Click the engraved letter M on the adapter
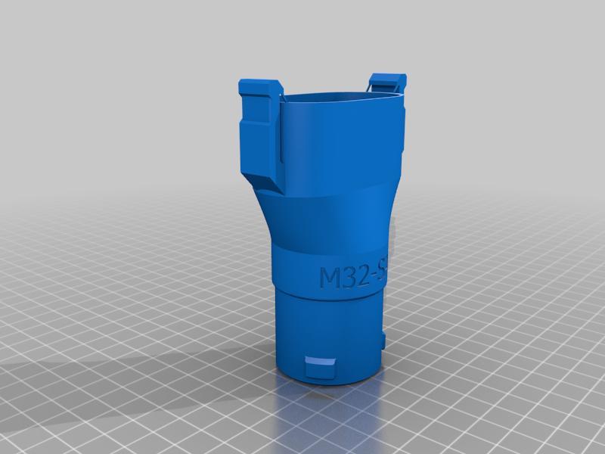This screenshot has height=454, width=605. tap(331, 278)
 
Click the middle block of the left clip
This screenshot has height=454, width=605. tap(257, 136)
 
